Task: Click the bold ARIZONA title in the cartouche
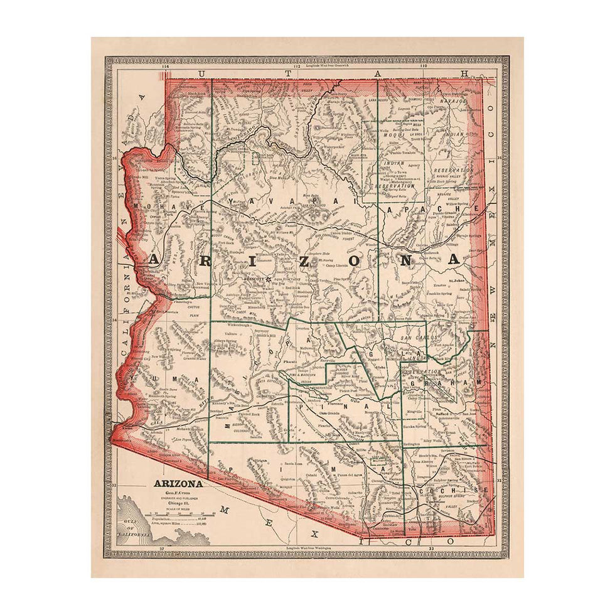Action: [178, 484]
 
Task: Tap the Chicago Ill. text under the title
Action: [178, 504]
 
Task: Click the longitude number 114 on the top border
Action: [166, 67]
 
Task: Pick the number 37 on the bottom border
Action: [162, 549]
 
